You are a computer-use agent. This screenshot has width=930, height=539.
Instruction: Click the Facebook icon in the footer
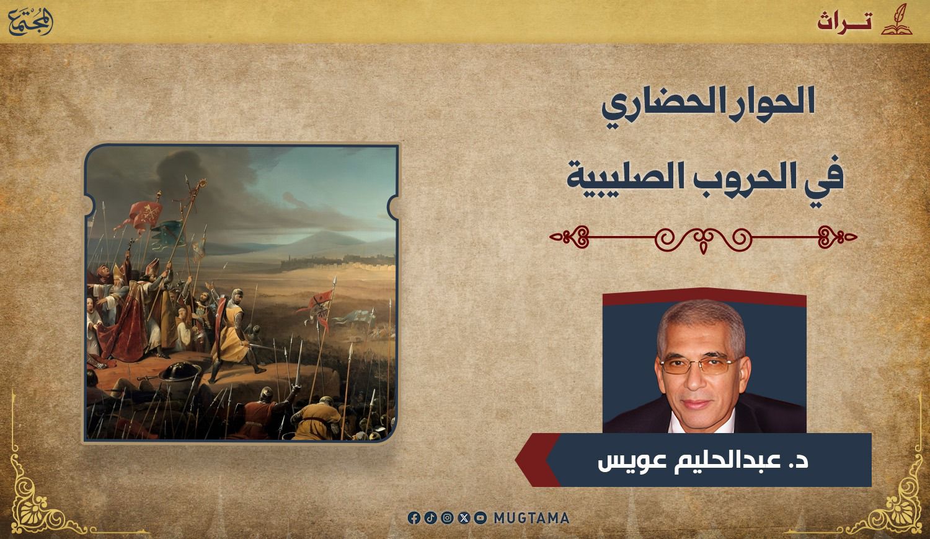pyautogui.click(x=414, y=518)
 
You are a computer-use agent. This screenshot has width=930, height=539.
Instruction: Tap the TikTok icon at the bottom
pyautogui.click(x=430, y=518)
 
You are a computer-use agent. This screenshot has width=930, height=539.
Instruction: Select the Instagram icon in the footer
pyautogui.click(x=447, y=518)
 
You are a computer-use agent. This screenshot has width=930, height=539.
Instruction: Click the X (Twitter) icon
pyautogui.click(x=464, y=518)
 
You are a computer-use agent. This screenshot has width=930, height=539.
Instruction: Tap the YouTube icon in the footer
pyautogui.click(x=480, y=518)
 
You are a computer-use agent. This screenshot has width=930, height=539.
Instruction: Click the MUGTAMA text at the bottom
pyautogui.click(x=531, y=518)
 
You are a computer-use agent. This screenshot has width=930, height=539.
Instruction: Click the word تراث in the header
pyautogui.click(x=845, y=22)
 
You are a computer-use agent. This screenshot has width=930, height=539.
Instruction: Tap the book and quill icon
pyautogui.click(x=897, y=20)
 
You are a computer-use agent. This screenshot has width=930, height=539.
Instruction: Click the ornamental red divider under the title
pyautogui.click(x=703, y=238)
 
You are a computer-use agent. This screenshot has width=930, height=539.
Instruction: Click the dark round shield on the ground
pyautogui.click(x=179, y=371)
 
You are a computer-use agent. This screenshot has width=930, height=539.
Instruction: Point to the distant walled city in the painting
pyautogui.click(x=336, y=261)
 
